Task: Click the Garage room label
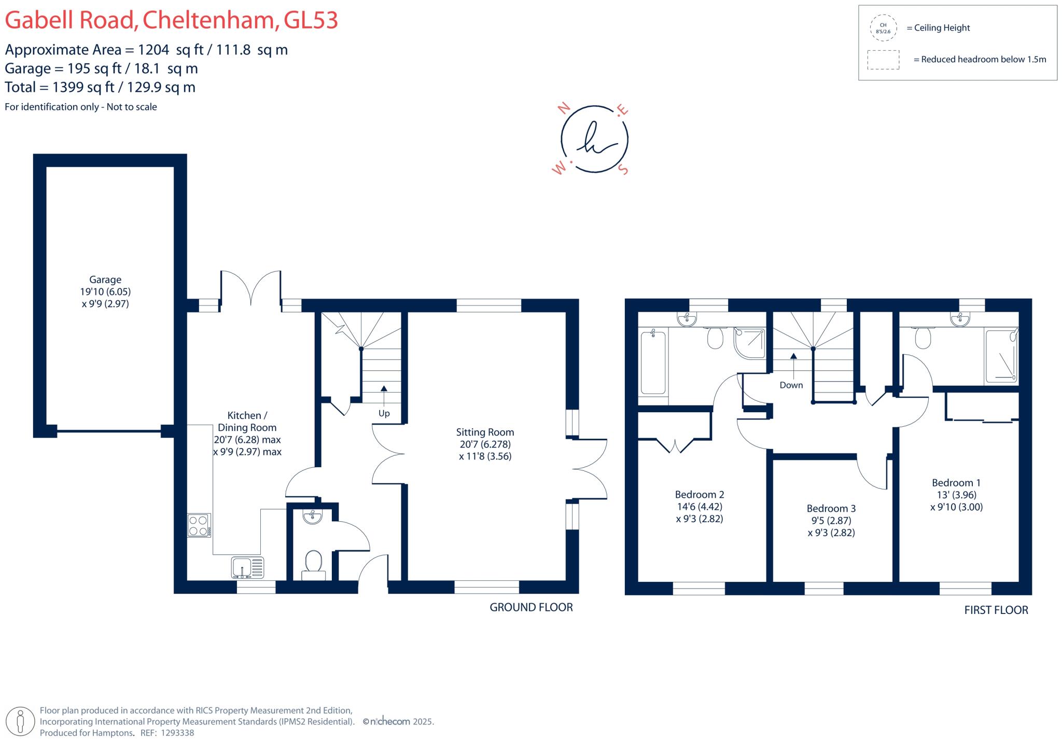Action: point(105,280)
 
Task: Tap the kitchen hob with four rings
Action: point(199,525)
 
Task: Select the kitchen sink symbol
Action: point(247,567)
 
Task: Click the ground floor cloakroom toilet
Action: point(313,564)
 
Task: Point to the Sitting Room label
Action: point(485,432)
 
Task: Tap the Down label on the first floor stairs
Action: point(791,385)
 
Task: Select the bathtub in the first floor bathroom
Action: point(653,362)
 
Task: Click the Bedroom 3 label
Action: point(831,509)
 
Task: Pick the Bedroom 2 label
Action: point(699,495)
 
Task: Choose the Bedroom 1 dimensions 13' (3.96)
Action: point(956,495)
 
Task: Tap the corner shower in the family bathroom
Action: point(749,343)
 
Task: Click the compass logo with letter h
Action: point(594,139)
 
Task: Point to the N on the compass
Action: point(564,108)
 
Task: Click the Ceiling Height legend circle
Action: point(883,28)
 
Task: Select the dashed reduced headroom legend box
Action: point(883,60)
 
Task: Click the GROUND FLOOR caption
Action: point(531,607)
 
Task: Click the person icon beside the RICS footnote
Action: point(21,721)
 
